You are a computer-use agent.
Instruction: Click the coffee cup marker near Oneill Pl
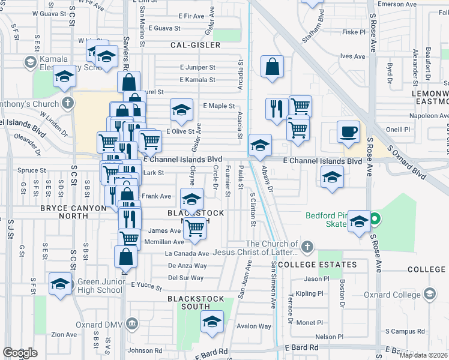coord(348,133)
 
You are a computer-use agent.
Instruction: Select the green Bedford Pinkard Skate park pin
coord(375,219)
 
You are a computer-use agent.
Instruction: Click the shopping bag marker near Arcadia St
coord(273,68)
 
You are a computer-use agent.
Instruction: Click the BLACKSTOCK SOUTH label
coord(196,299)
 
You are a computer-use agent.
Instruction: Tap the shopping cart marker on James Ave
coord(194,229)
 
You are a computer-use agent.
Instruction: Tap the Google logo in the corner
coord(20,353)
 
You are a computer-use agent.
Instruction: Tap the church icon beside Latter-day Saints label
coord(307,247)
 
